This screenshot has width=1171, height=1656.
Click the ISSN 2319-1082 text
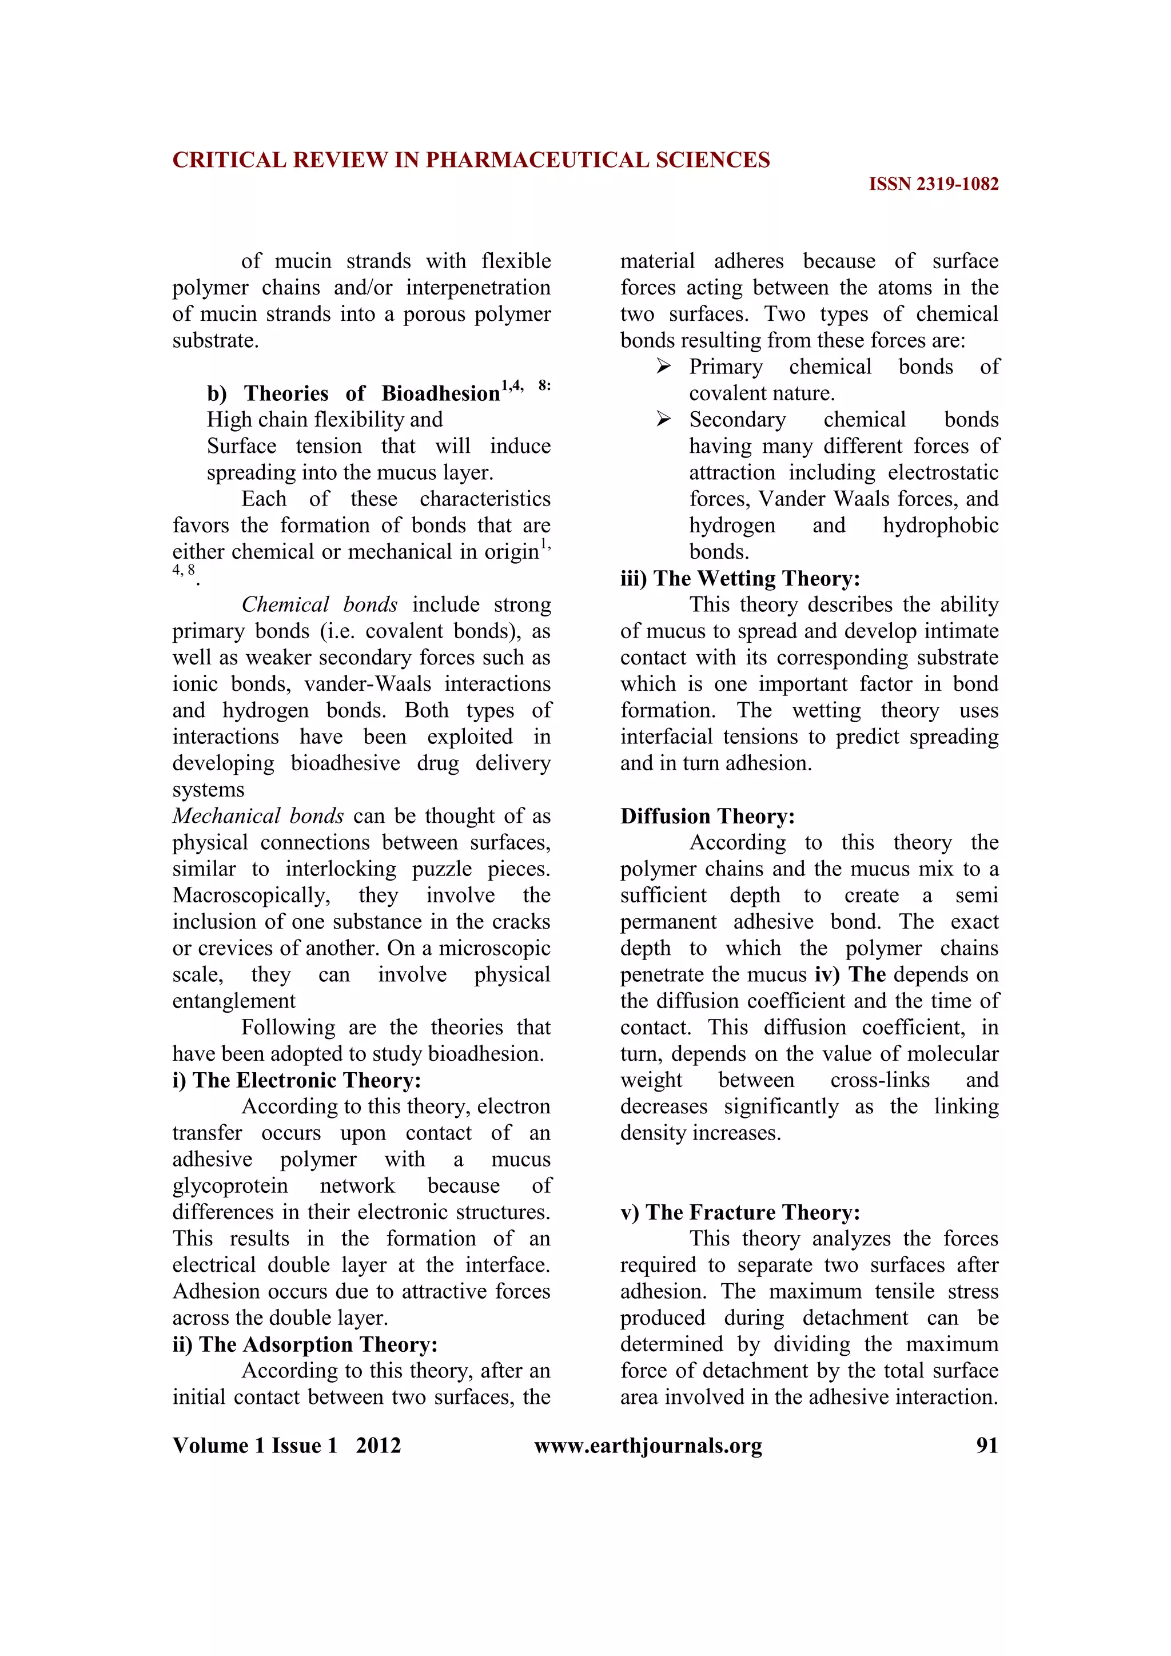pos(933,185)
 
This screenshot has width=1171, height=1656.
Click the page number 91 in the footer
pos(986,1446)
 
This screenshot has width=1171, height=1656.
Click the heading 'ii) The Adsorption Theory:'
pos(304,1344)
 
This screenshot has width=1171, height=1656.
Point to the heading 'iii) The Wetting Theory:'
pos(740,579)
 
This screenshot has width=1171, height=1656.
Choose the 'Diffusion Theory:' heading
pos(707,817)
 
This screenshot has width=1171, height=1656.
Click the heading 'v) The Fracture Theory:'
pos(740,1212)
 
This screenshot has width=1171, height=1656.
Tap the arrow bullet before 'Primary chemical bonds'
pos(663,367)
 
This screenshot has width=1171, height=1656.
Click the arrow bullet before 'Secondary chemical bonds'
pos(663,420)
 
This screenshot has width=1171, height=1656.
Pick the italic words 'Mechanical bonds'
pos(257,817)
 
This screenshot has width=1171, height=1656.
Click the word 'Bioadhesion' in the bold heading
pos(441,394)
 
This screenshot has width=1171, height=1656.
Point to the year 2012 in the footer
pos(378,1446)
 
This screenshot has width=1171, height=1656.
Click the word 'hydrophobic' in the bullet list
pos(940,525)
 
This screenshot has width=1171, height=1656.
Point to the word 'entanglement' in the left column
pos(234,1001)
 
